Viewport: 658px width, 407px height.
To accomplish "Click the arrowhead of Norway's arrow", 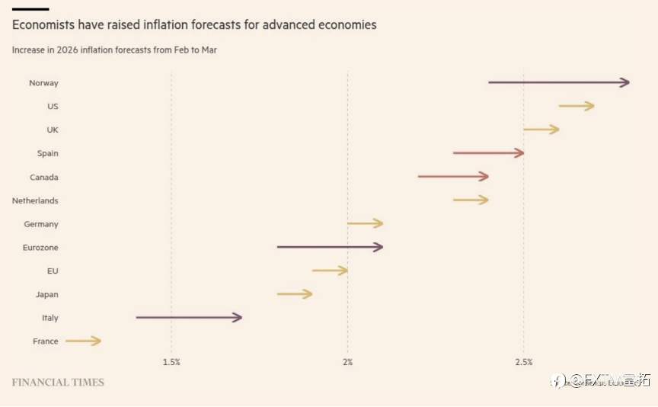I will [x=625, y=82].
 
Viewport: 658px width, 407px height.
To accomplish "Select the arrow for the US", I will [x=576, y=106].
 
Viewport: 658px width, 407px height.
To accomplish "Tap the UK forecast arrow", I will [x=541, y=130].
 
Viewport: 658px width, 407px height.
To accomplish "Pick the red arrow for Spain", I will [x=488, y=153].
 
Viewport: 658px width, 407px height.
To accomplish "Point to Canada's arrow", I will [x=453, y=177].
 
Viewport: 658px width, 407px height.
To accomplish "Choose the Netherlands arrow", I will [x=471, y=200].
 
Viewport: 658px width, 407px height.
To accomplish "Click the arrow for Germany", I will [x=365, y=223].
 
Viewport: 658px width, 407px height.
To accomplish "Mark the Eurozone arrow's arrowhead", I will [x=379, y=247].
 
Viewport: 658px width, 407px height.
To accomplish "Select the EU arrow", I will [x=330, y=271].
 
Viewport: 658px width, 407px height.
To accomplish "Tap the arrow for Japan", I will [x=295, y=294].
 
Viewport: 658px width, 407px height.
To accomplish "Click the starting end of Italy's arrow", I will [x=138, y=318].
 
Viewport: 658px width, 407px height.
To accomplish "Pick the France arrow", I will [x=83, y=341].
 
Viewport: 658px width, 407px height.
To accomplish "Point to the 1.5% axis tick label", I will [x=171, y=362].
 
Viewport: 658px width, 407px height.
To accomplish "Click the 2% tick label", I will [x=347, y=362].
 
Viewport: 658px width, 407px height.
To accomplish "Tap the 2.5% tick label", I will [x=523, y=362].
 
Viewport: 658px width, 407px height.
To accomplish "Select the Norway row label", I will [x=43, y=83].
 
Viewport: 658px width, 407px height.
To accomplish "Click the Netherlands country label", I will [x=35, y=200].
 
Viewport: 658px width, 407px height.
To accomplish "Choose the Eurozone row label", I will [x=40, y=248].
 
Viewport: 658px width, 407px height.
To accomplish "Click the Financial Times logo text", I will [x=58, y=382].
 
